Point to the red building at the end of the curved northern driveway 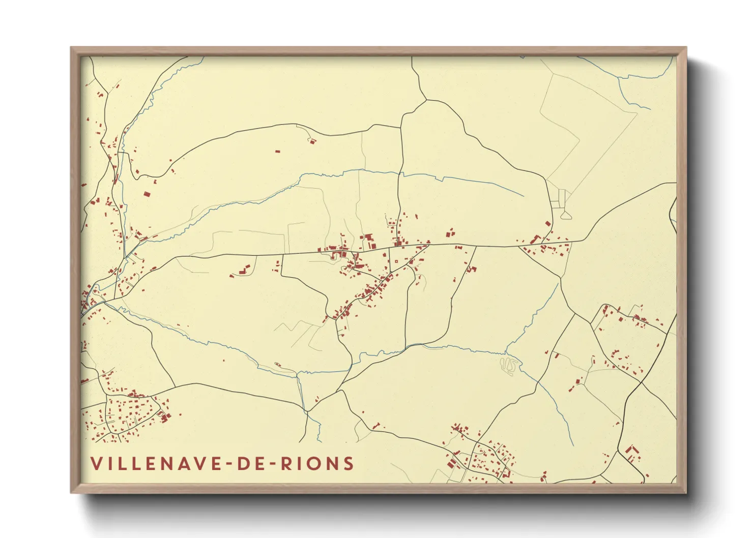coord(312,141)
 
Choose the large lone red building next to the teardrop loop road coord(548,223)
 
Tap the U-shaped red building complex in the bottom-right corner coord(632,452)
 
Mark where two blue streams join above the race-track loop coord(506,352)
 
